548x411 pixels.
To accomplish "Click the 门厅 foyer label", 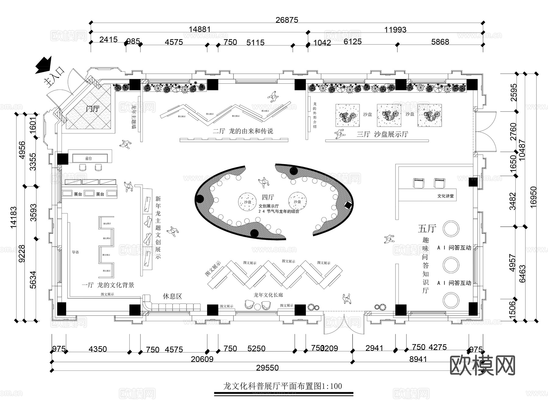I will click(x=93, y=109).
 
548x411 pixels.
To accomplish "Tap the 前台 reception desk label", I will click(x=89, y=158).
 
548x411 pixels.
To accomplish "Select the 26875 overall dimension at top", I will click(x=287, y=20).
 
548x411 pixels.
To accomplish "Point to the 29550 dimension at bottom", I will click(x=267, y=368).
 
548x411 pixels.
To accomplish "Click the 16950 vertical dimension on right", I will click(x=533, y=197).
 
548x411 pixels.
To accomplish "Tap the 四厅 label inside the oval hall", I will click(x=268, y=197).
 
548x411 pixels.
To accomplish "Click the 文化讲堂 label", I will click(x=445, y=196).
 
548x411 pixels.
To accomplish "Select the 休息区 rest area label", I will click(x=172, y=296).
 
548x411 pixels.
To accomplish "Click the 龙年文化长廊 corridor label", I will click(x=268, y=295).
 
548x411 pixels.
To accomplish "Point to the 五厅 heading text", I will click(x=427, y=228).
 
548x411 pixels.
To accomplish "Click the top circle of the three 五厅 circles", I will click(x=451, y=229).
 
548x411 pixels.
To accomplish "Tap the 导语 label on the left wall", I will click(x=75, y=252).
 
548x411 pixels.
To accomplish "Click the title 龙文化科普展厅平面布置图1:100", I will click(x=283, y=386).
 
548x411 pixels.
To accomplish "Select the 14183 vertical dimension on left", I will click(x=13, y=217).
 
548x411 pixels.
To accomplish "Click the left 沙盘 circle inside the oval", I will click(x=247, y=201).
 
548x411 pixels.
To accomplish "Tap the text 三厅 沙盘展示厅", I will click(x=382, y=134).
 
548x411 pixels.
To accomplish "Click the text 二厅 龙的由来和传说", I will click(x=243, y=131).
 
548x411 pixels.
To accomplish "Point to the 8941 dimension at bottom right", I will click(x=418, y=359).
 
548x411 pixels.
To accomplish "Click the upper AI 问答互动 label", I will click(x=454, y=248).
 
